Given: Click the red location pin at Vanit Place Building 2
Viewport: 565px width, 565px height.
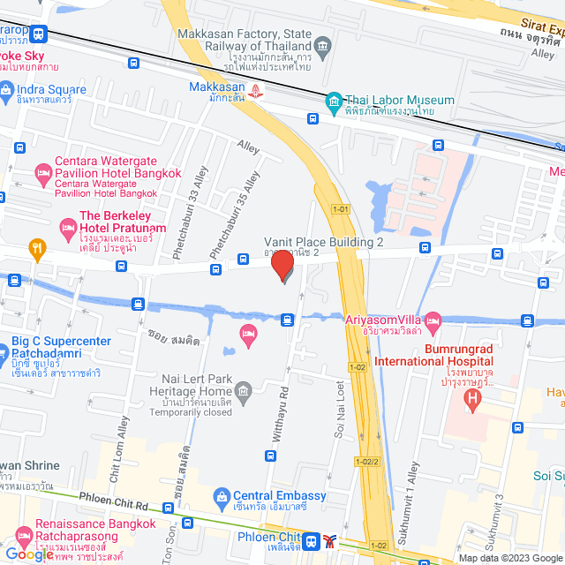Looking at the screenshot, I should (x=282, y=265).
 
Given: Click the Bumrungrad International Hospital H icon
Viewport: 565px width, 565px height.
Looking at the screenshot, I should (x=473, y=400).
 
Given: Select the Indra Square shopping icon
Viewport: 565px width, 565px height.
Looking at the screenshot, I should (x=7, y=89).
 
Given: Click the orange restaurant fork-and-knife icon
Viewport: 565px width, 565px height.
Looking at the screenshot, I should (x=36, y=248).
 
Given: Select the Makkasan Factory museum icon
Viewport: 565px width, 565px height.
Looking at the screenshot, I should (x=323, y=44).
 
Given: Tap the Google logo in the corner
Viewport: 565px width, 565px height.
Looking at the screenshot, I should (x=28, y=554).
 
